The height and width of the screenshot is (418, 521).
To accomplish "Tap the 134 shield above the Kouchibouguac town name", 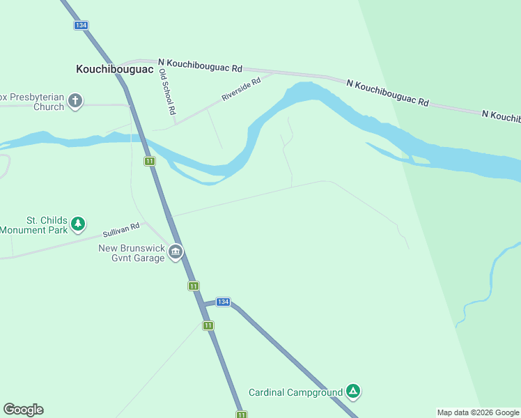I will pos(81,25).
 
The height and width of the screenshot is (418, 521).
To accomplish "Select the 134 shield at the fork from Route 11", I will pos(222,302).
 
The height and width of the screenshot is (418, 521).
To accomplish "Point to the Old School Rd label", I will pos(166,91).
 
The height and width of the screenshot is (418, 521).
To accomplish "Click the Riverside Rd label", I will pos(241,90).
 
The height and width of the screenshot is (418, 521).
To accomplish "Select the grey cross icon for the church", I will pos(75,102).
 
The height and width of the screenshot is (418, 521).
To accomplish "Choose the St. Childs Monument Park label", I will pos(34,225).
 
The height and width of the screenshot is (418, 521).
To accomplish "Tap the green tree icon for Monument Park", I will pos(79,224).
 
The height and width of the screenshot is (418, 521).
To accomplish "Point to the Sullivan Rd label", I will pos(122,230).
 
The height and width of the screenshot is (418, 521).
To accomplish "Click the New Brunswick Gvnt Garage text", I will pos(132,253).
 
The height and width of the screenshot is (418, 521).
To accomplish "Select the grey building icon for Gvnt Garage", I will pos(176,251).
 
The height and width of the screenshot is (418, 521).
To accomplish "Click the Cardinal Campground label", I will pos(296,392).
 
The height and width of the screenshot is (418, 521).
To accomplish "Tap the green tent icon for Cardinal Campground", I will pos(353,392).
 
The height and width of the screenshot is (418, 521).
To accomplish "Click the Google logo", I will pos(23,410).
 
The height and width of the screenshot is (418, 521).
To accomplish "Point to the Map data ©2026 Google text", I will pos(478,412).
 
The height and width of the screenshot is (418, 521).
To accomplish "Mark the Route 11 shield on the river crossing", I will pos(150,161).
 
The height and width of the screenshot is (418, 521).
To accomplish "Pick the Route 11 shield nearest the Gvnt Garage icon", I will pos(193,286).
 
